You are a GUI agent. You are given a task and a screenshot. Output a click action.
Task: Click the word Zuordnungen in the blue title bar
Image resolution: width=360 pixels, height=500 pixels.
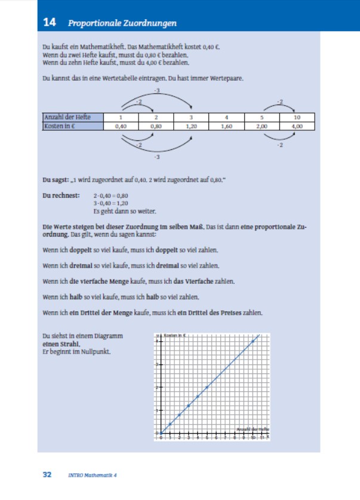[x=153, y=24]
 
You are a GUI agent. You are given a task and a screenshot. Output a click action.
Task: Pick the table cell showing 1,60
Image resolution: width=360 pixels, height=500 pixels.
[x=226, y=126]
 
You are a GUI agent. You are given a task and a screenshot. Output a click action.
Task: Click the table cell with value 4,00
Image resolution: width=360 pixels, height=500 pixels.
[x=297, y=126]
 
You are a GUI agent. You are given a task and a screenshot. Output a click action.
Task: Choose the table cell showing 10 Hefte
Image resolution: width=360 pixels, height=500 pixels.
[x=297, y=118]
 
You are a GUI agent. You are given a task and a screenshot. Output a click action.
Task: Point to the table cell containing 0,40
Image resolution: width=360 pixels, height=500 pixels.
[x=121, y=126]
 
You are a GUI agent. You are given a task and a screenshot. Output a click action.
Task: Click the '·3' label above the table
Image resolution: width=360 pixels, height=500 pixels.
[x=156, y=90]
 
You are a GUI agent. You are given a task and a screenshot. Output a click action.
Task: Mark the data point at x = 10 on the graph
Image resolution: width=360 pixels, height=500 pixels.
[x=254, y=341]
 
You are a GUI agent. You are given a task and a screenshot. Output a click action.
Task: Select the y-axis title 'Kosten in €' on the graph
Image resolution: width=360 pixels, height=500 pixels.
[x=175, y=336]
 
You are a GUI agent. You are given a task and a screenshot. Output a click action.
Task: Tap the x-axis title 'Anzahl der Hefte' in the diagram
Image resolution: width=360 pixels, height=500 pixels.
[x=253, y=430]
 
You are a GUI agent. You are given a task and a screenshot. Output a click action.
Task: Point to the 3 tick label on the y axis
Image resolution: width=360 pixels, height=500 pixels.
[x=156, y=364]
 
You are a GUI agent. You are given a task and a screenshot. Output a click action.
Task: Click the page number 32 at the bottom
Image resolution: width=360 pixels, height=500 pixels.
[x=48, y=475]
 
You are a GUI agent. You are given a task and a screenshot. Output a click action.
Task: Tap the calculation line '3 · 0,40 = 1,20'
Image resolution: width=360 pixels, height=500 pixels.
[x=111, y=203]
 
